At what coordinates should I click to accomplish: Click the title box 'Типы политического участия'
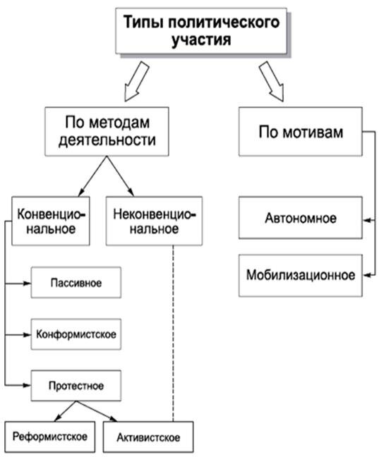201,30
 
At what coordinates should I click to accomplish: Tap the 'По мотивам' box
300,131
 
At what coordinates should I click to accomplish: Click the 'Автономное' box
300,219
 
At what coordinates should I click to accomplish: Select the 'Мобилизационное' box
300,274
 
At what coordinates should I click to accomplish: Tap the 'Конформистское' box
76,333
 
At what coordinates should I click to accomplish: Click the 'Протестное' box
76,386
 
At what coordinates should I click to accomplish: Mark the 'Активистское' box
148,438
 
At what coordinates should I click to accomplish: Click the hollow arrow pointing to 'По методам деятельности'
134,80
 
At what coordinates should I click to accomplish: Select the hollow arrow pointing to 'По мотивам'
271,79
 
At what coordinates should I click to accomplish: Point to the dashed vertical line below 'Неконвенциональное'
174,331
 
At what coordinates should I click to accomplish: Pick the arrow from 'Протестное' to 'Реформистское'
60,411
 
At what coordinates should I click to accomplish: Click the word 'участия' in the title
201,39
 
